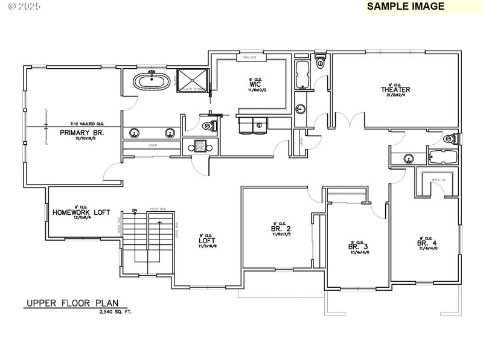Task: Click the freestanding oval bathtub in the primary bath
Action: [151, 81]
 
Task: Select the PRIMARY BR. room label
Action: [82, 133]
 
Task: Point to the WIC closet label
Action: [254, 84]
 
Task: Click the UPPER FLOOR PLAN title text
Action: [72, 303]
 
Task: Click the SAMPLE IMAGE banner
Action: [405, 7]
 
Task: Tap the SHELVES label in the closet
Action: [249, 57]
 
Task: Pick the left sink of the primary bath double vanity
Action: [134, 133]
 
